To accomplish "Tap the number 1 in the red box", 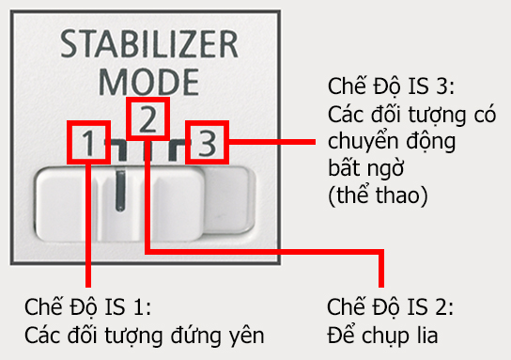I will (x=87, y=144).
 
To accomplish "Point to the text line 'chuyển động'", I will (x=379, y=143).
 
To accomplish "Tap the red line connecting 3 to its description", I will (x=272, y=144).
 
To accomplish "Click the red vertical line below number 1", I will (x=87, y=226).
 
